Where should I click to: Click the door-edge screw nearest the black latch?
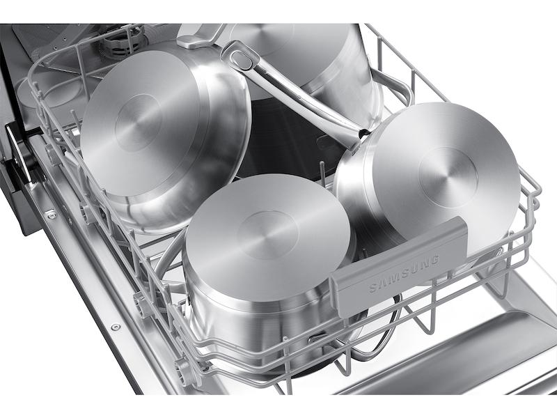(50, 215)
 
